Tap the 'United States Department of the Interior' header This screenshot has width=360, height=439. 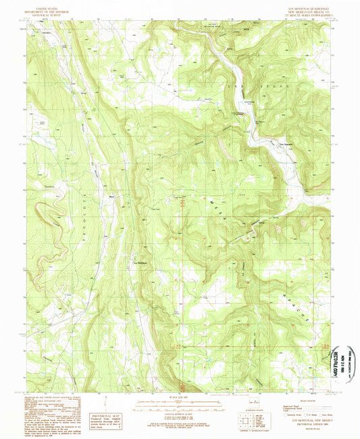click(x=57, y=9)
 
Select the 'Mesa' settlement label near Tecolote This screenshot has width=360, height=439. click(x=111, y=197)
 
